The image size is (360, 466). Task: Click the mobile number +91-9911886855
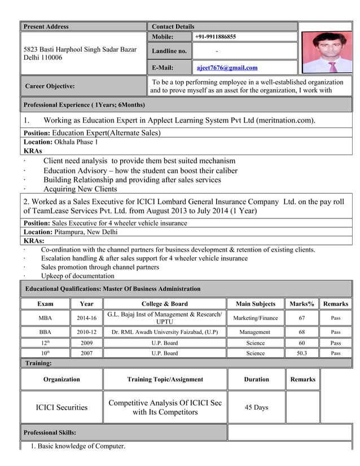coord(216,37)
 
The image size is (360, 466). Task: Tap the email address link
coord(227,68)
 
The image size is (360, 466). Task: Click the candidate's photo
coord(326,52)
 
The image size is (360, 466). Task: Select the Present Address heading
coord(46,27)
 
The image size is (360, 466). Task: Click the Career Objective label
coord(50,86)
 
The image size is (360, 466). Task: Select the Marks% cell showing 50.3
coord(302,353)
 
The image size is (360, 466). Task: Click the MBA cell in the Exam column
coord(45,318)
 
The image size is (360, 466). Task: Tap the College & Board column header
coord(165,304)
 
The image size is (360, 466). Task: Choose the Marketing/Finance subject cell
coord(256,318)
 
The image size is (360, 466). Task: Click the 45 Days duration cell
coord(256,407)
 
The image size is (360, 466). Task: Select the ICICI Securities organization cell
coord(62,407)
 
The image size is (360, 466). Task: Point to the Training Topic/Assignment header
coord(165,380)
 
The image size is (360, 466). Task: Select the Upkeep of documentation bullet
coord(77,276)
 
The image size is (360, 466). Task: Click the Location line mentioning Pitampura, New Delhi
coord(71,232)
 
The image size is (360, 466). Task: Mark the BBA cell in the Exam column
coord(45,332)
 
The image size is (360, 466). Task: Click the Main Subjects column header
coord(256,304)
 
